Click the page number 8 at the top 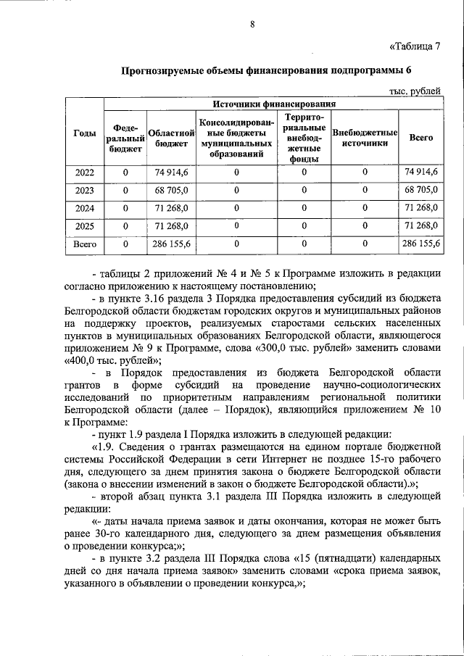click(252, 24)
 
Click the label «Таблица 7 click(414, 48)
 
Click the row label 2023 click(85, 190)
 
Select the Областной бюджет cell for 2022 click(171, 173)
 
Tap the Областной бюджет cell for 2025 click(171, 226)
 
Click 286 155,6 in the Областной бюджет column click(171, 244)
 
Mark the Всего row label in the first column click(85, 244)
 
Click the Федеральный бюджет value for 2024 click(125, 208)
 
